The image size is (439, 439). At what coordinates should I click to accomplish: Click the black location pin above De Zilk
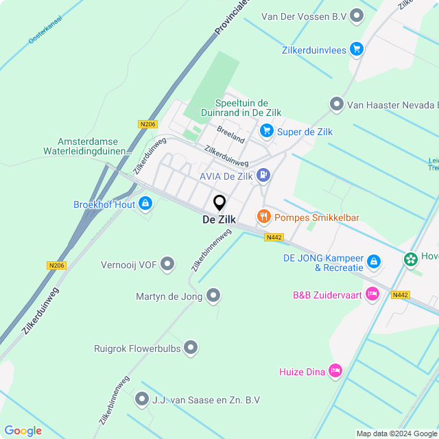219,203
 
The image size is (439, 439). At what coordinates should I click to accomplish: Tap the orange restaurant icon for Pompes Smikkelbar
263,217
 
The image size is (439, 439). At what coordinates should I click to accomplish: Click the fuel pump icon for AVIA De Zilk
263,176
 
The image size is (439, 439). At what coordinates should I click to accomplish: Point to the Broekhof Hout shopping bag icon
145,204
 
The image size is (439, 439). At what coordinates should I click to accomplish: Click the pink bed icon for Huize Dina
335,371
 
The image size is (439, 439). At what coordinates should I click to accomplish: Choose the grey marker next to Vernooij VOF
167,264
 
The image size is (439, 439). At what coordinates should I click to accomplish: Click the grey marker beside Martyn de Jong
213,296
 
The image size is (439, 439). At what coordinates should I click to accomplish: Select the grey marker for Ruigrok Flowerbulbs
191,348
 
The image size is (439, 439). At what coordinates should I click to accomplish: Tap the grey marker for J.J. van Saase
142,399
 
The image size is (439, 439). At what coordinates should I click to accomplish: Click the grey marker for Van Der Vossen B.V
357,14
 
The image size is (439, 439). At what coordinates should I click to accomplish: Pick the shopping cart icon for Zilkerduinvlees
356,49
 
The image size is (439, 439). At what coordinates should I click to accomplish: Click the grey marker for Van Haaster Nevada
336,104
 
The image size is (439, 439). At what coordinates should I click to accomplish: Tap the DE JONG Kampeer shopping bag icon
373,261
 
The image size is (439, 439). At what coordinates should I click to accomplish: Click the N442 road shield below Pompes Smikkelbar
274,237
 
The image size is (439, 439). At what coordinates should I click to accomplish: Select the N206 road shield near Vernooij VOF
56,265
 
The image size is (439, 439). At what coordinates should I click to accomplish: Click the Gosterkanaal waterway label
45,36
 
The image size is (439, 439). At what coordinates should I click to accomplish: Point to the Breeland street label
230,134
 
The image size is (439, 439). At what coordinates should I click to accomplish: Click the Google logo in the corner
23,430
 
